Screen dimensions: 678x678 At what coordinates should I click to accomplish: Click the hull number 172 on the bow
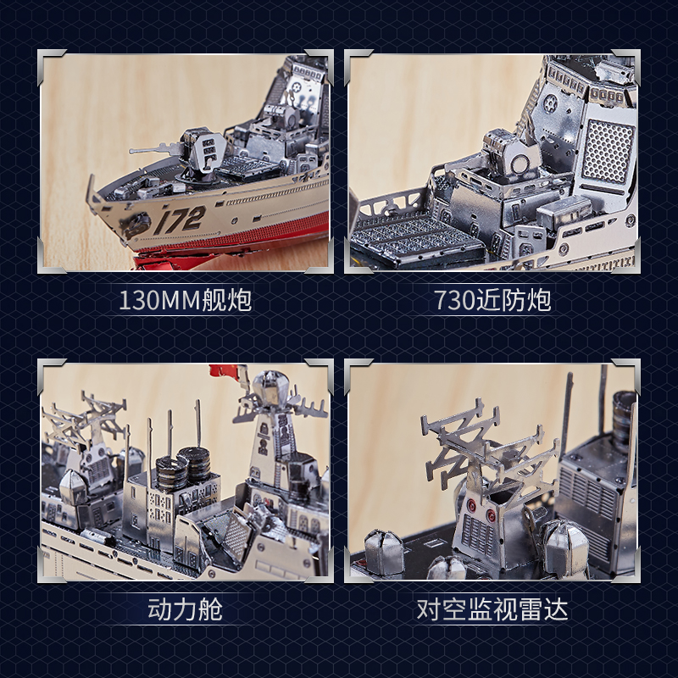181,220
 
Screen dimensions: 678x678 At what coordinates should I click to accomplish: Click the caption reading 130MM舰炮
185,300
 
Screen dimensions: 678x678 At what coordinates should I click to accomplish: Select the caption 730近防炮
492,300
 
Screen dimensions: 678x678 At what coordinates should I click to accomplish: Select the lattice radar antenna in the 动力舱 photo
85,420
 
